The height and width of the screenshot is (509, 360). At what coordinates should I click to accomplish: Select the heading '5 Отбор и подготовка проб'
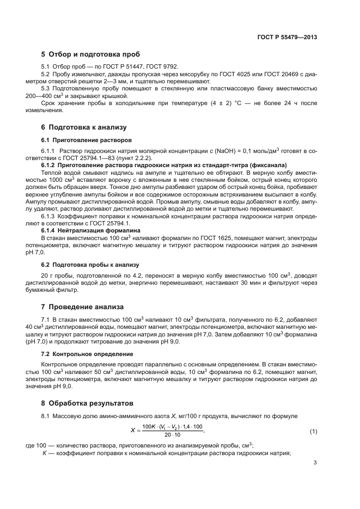point(91,54)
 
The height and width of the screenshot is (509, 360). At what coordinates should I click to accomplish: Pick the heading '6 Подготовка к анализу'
point(84,127)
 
